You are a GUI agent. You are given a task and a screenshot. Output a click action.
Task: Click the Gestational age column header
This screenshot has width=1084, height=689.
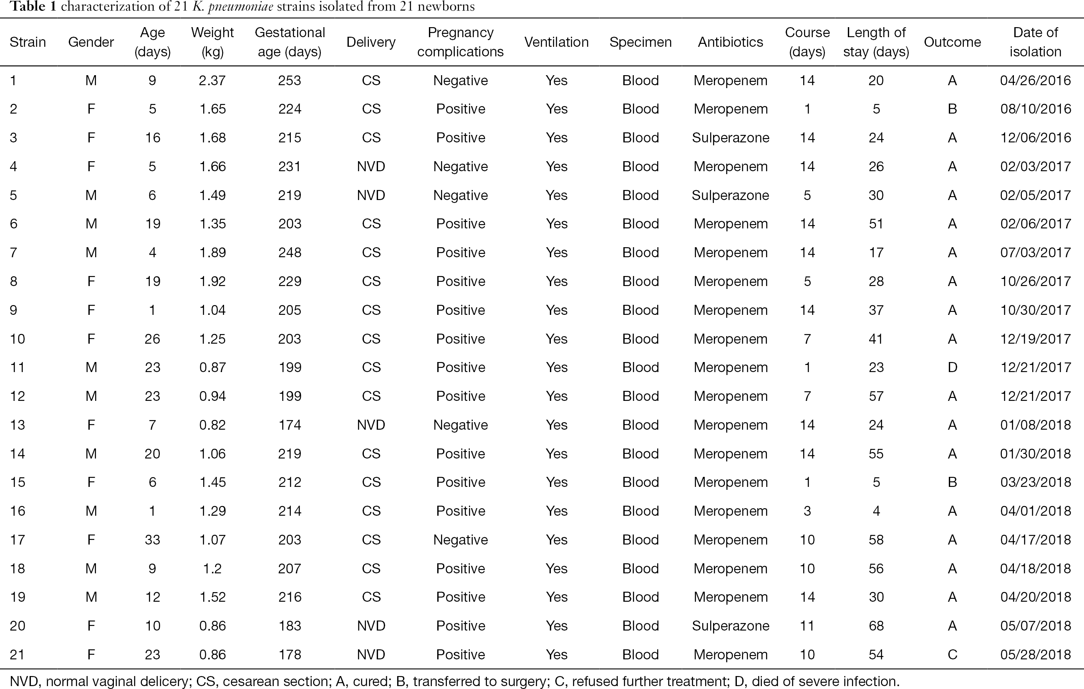coord(290,42)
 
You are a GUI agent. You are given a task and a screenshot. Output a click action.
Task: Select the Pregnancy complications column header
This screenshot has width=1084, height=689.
coord(460,42)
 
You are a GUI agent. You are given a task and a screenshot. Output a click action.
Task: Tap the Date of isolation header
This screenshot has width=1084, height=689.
coord(1035,42)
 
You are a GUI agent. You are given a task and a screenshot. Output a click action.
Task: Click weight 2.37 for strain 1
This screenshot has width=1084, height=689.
coord(212,80)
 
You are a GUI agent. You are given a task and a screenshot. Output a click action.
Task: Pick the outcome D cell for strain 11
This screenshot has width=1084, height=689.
coord(952,367)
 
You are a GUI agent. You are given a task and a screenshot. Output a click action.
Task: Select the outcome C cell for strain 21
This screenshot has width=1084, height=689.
coord(952,654)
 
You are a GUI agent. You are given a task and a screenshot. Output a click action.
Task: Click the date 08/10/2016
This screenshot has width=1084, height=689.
coord(1035,109)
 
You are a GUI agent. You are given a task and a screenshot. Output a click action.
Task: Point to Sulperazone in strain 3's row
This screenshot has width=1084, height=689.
coord(730,137)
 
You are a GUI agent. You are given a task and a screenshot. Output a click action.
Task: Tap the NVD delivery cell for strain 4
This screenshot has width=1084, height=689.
coord(371,166)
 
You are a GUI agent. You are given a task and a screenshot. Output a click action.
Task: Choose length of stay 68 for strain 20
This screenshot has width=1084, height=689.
coord(876,626)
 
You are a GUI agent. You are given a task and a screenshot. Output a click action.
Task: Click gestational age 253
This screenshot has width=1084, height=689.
coord(290,80)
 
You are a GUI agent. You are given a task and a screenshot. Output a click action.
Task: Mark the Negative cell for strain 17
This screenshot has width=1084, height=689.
coord(460,540)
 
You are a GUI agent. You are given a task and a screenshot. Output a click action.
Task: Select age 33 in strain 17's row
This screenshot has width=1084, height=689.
coord(153,540)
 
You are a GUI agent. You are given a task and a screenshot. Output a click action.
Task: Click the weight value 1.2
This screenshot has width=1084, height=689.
coord(212,568)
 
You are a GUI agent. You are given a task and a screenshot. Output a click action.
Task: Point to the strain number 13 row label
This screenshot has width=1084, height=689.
coord(18,425)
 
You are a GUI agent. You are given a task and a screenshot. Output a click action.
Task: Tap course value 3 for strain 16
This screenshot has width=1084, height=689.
coord(807,511)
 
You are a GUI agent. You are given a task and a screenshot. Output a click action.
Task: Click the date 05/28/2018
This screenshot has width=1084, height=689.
coord(1035,654)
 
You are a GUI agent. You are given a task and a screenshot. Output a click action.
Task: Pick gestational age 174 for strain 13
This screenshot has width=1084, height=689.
coord(290,425)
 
